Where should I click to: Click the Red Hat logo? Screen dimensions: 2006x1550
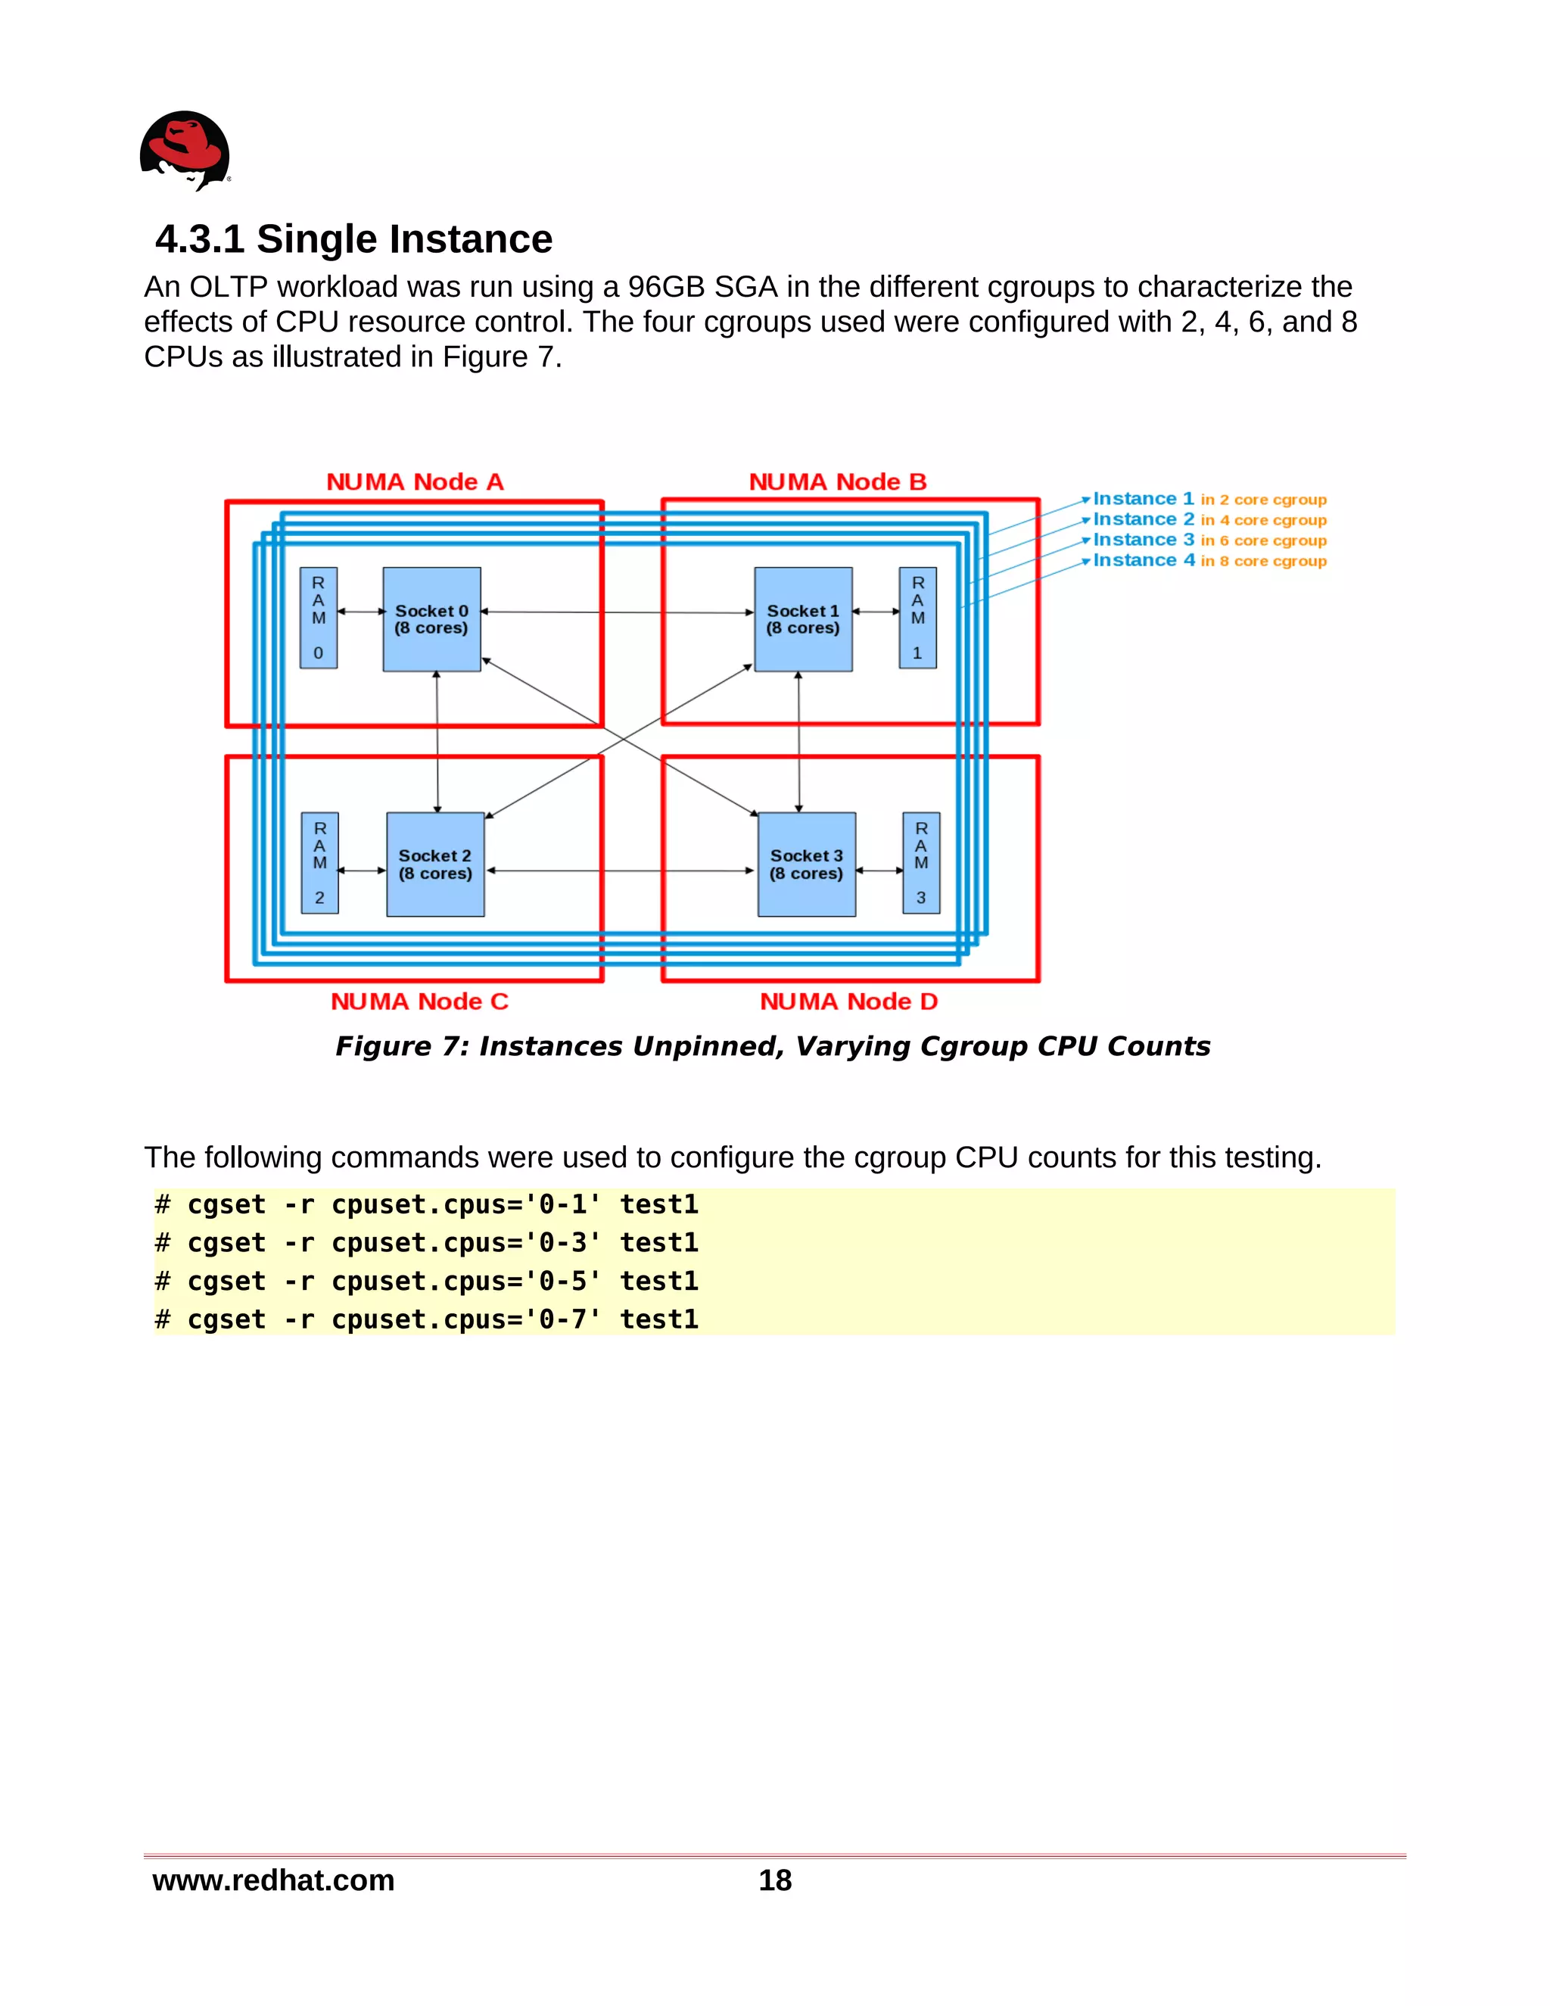[x=185, y=151]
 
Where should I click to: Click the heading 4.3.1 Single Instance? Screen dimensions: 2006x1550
[x=353, y=238]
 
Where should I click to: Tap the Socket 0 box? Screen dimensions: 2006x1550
[x=431, y=619]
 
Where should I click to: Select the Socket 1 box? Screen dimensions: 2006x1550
[x=804, y=619]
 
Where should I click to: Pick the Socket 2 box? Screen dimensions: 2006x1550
[x=435, y=864]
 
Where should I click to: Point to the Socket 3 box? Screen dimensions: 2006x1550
[x=806, y=864]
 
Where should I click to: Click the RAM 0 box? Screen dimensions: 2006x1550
[x=319, y=617]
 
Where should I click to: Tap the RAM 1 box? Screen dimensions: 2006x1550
[x=917, y=617]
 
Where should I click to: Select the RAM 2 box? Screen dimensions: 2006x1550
[x=319, y=862]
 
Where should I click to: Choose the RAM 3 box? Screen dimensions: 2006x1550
[x=921, y=862]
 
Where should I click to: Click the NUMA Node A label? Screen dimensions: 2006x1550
[x=415, y=482]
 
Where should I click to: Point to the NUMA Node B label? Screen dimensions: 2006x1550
[x=838, y=482]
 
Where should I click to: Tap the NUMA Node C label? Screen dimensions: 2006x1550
[x=419, y=1001]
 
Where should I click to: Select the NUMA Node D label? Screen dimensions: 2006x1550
[x=848, y=1001]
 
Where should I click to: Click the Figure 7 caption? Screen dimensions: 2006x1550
[x=772, y=1046]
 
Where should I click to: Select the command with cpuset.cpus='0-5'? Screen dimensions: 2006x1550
[x=427, y=1282]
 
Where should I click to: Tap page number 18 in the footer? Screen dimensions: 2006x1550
[x=775, y=1880]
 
